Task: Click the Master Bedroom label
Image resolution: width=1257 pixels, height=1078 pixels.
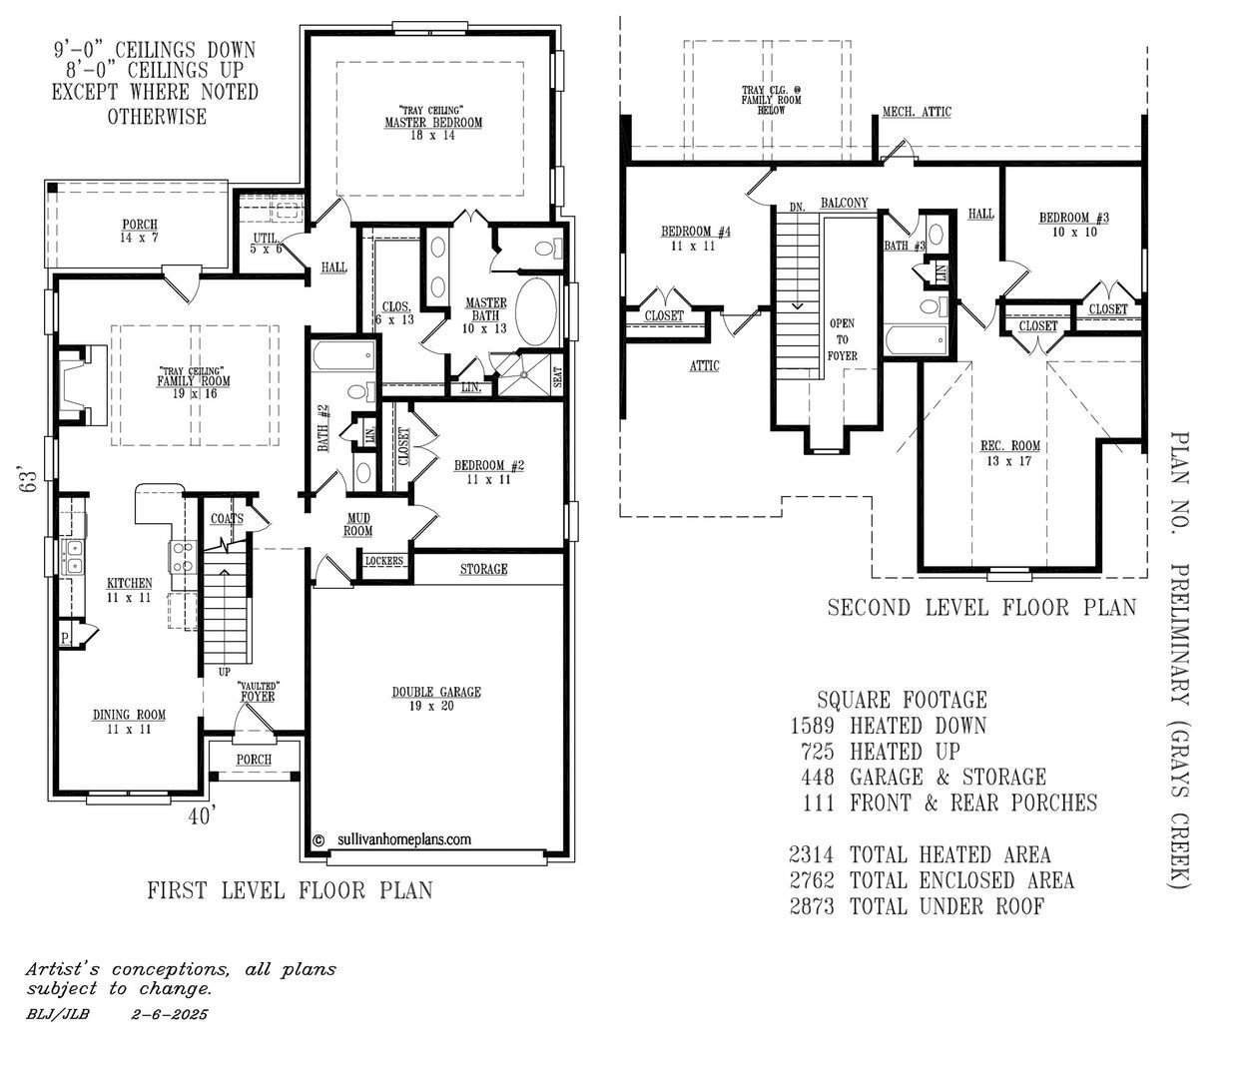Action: pyautogui.click(x=433, y=122)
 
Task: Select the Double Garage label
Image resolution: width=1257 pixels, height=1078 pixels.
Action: pyautogui.click(x=435, y=692)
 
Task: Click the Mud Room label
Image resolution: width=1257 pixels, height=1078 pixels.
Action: pyautogui.click(x=358, y=524)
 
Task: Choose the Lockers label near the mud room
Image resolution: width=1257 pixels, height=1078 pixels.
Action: pyautogui.click(x=383, y=561)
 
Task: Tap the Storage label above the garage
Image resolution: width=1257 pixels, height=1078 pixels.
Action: pyautogui.click(x=483, y=569)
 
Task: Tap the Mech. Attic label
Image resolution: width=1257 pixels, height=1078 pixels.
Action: pyautogui.click(x=917, y=112)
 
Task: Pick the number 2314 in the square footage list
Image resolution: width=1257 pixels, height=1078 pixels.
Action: pyautogui.click(x=810, y=854)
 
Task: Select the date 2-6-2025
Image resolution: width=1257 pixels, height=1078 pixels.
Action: pyautogui.click(x=170, y=1014)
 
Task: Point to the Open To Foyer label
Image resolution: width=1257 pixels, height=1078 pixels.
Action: pyautogui.click(x=842, y=339)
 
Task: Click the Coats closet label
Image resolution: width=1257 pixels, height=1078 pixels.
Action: pyautogui.click(x=227, y=518)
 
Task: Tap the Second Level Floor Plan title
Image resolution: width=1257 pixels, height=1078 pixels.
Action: pyautogui.click(x=981, y=607)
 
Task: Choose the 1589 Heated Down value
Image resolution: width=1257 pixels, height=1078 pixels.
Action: pyautogui.click(x=810, y=726)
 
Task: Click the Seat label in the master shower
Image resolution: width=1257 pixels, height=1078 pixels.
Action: pyautogui.click(x=557, y=375)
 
